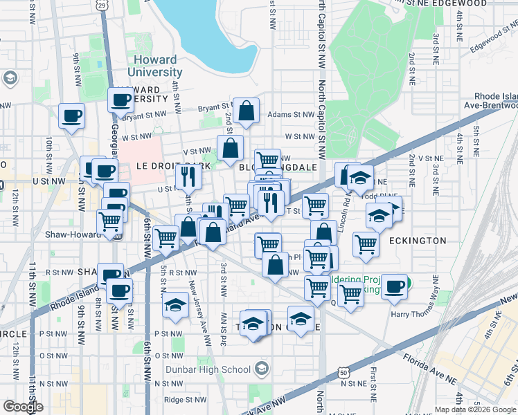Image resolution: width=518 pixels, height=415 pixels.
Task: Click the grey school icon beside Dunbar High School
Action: click(x=261, y=368)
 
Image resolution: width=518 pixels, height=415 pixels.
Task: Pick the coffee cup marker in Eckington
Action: click(x=395, y=286)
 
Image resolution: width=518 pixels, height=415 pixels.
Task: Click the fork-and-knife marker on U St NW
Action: click(x=187, y=177)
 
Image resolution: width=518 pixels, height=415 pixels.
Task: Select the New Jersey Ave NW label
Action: click(x=199, y=311)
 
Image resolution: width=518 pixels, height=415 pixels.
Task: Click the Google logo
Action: click(x=23, y=406)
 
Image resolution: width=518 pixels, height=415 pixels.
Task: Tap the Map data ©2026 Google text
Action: click(x=475, y=409)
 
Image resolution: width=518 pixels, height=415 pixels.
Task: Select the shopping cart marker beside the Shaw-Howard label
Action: click(x=109, y=222)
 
